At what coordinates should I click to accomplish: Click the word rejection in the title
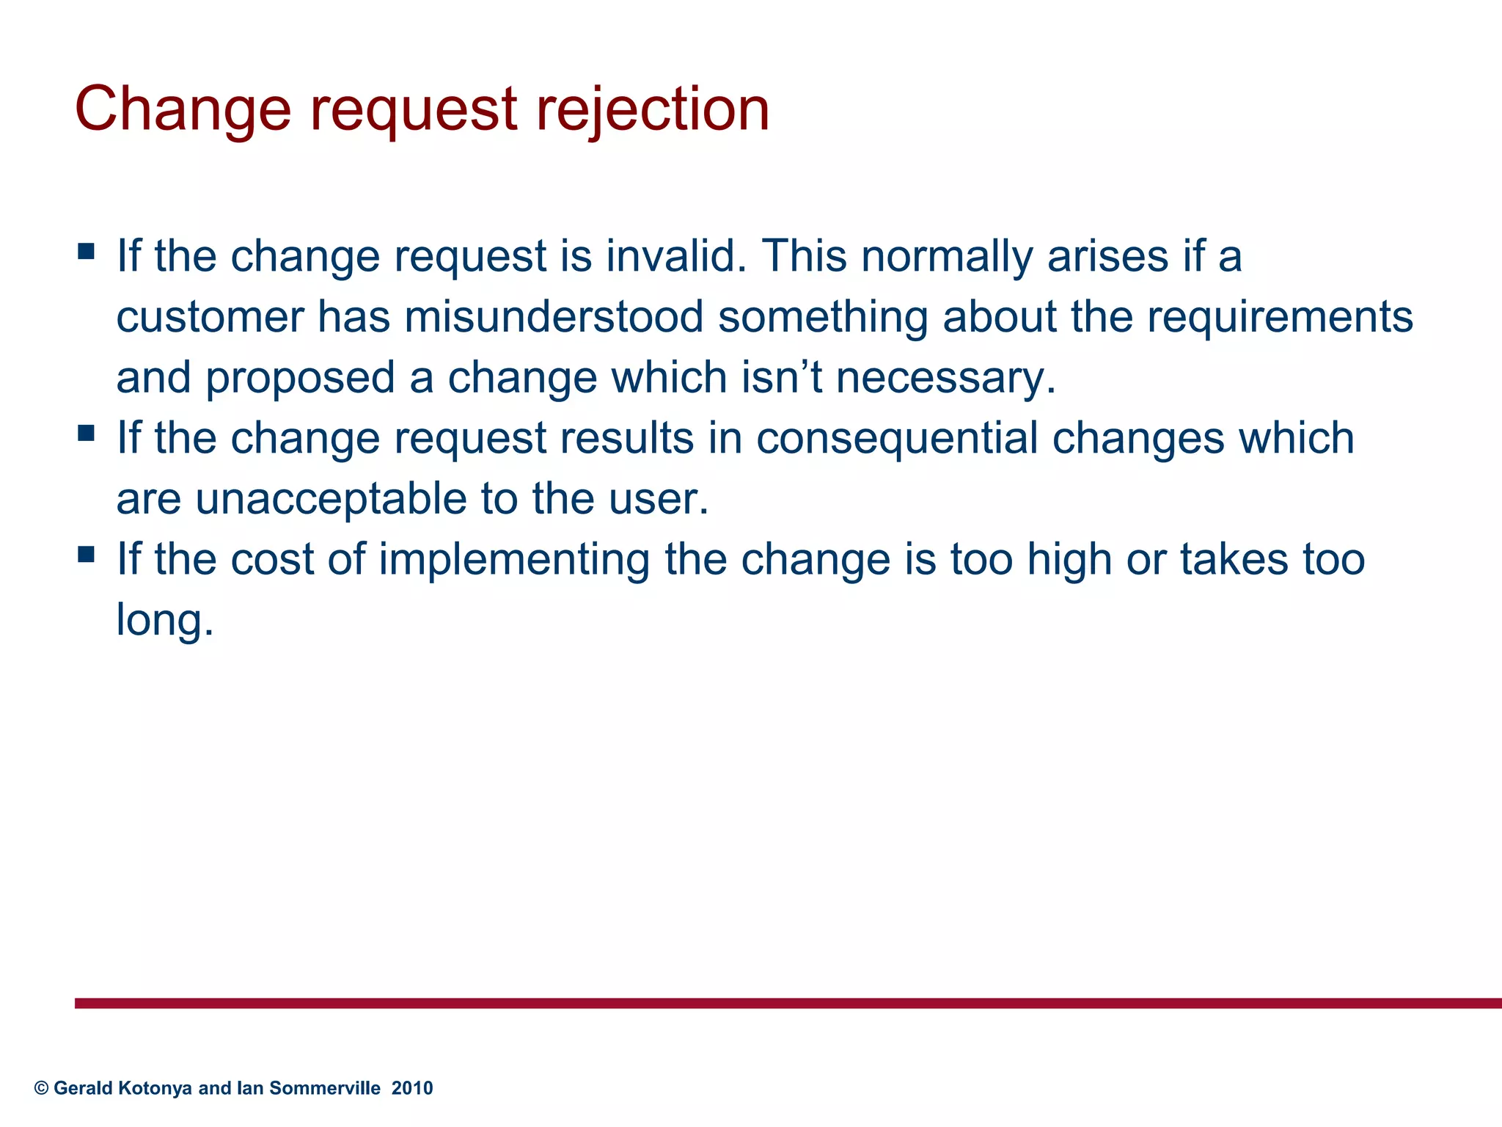653,110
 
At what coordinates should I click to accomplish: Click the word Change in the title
183,110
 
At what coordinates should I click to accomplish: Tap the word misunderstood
554,317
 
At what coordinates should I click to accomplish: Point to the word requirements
1280,317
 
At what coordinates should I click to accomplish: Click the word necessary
945,378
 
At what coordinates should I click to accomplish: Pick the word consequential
897,438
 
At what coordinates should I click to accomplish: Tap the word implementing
514,559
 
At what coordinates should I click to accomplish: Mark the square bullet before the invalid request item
87,252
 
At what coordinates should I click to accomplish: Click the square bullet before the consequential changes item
87,434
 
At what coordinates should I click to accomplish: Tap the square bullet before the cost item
87,555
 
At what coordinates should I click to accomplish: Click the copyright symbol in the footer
41,1088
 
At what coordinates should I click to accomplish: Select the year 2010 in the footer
412,1088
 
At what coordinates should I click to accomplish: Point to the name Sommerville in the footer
325,1088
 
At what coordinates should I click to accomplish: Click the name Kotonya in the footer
155,1088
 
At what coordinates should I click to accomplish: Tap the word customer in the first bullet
210,317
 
